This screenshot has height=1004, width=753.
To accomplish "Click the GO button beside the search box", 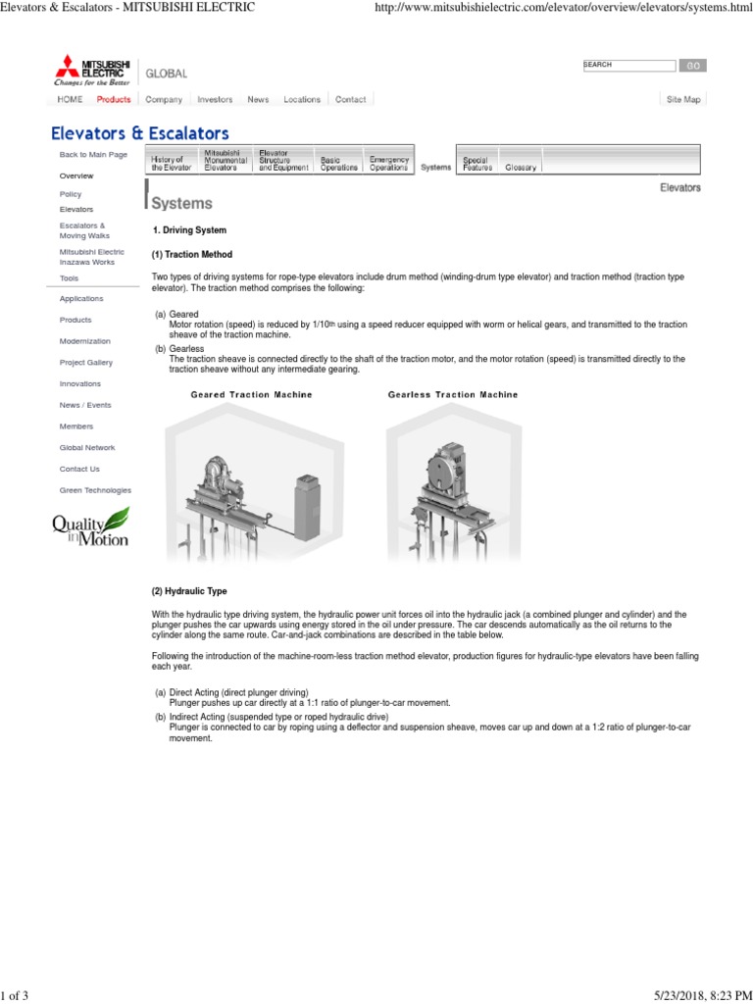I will pyautogui.click(x=691, y=65).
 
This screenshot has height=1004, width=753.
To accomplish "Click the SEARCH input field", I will pyautogui.click(x=627, y=65).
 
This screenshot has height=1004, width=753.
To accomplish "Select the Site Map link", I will pyautogui.click(x=683, y=100).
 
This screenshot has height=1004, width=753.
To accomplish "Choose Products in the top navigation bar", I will pyautogui.click(x=114, y=100).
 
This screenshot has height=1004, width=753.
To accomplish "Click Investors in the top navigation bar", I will pyautogui.click(x=215, y=100).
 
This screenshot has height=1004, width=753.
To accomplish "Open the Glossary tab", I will pyautogui.click(x=521, y=168).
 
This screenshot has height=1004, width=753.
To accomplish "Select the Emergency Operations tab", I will pyautogui.click(x=389, y=164).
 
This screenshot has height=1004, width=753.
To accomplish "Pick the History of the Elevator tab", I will pyautogui.click(x=168, y=164).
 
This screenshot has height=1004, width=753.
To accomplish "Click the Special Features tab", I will pyautogui.click(x=477, y=164).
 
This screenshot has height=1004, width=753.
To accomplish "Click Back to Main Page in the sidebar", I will pyautogui.click(x=93, y=155).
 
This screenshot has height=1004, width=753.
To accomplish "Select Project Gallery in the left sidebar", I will pyautogui.click(x=85, y=363).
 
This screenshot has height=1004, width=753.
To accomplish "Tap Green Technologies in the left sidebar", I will pyautogui.click(x=95, y=490).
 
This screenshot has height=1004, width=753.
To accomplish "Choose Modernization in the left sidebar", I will pyautogui.click(x=84, y=341).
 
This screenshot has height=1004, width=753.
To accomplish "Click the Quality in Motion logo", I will pyautogui.click(x=90, y=527).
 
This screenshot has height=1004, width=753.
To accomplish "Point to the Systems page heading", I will pyautogui.click(x=181, y=204).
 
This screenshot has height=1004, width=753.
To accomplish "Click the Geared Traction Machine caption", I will pyautogui.click(x=251, y=395).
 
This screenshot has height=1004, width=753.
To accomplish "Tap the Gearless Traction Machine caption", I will pyautogui.click(x=453, y=395).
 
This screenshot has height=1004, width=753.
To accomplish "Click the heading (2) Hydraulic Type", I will pyautogui.click(x=188, y=592).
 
